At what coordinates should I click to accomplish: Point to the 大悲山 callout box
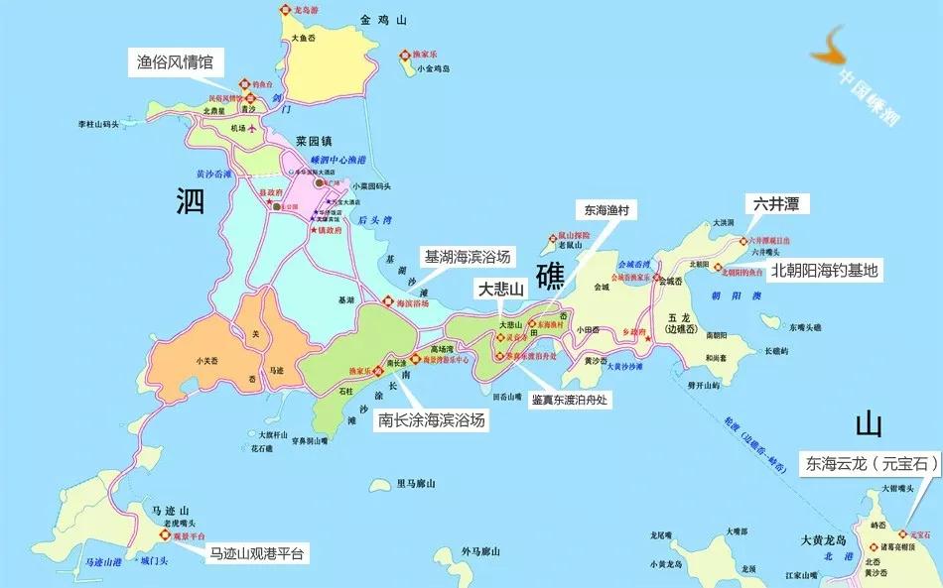click(x=500, y=289)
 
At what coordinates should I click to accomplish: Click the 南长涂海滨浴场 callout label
click(x=432, y=419)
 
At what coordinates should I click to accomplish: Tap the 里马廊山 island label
click(x=416, y=484)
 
